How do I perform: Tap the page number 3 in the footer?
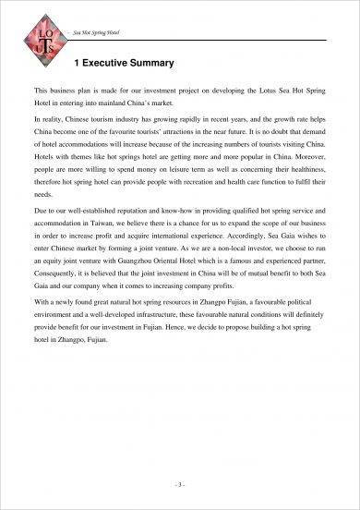[x=180, y=483]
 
